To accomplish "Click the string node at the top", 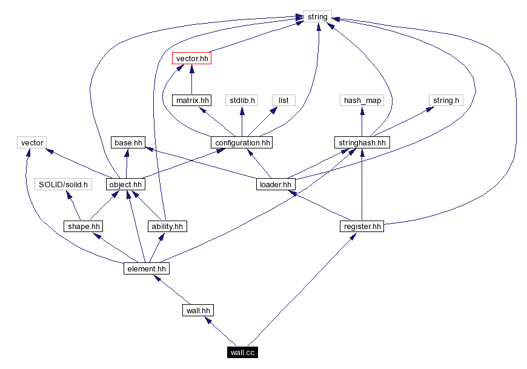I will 317,16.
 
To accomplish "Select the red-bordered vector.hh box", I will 192,59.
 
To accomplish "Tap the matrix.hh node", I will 192,101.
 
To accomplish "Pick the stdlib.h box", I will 242,101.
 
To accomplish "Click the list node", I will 283,101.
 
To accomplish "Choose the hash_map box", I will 362,101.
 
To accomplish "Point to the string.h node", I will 446,101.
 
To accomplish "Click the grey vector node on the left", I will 32,143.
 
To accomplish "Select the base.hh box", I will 127,143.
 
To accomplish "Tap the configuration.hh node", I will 241,143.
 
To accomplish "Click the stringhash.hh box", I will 362,143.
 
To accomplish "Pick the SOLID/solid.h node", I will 63,184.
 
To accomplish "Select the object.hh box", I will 126,184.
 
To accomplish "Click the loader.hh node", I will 275,184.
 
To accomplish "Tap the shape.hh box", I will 83,227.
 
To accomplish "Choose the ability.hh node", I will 167,227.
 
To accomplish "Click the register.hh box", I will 362,227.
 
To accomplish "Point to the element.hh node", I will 145,268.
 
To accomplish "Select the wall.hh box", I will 197,311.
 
